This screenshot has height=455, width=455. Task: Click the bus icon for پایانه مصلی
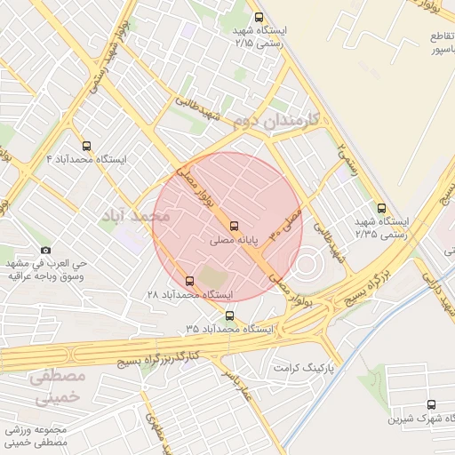tap(234, 226)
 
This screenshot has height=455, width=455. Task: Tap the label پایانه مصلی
tap(234, 240)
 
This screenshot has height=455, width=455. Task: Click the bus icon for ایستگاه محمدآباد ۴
tap(86, 145)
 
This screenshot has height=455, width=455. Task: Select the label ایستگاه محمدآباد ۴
tap(86, 159)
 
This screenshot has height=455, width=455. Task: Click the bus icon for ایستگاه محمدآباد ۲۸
tap(188, 281)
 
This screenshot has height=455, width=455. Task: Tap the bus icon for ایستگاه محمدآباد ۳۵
tap(230, 315)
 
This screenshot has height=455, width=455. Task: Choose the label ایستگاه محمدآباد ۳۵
tap(230, 329)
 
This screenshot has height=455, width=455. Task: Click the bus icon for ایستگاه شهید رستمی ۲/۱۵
tap(259, 16)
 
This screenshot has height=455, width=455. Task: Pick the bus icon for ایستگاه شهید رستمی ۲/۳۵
tap(381, 207)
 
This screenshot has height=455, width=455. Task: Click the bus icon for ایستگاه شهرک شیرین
tap(431, 403)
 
